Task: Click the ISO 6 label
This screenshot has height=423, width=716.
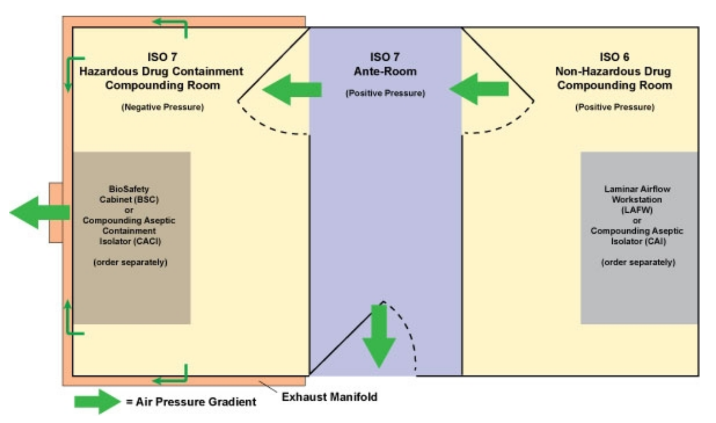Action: (x=614, y=57)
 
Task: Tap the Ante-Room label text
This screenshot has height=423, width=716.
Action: (x=385, y=71)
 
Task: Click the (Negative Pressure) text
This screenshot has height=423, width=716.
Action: (x=163, y=107)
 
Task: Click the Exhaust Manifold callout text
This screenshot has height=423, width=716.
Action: (x=329, y=397)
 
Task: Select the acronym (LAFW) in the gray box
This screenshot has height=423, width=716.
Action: (x=636, y=210)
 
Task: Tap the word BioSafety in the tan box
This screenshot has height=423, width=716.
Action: (x=129, y=189)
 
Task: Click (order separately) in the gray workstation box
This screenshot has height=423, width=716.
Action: (x=638, y=262)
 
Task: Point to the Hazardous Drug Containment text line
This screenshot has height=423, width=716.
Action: (x=161, y=71)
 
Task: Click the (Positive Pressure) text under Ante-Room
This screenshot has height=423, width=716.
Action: (x=385, y=93)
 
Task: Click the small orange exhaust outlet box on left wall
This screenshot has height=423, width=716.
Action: (x=56, y=213)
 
